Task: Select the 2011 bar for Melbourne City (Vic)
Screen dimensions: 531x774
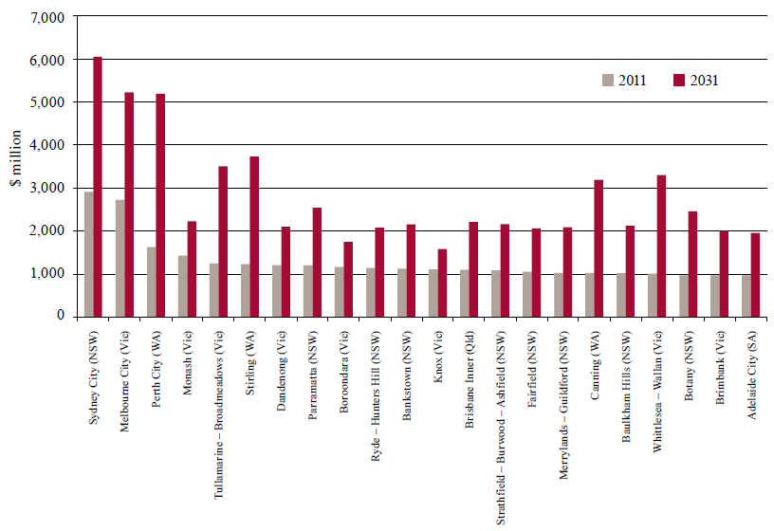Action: (x=120, y=258)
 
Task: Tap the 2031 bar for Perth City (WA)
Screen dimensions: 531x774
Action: (x=160, y=205)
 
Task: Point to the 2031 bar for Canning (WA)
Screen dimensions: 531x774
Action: (x=599, y=247)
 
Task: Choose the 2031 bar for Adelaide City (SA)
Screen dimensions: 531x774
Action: (x=755, y=274)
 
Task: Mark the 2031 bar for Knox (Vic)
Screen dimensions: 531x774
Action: (x=442, y=283)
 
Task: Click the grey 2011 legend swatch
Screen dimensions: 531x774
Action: (x=608, y=81)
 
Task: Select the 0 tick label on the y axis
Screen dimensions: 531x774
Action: (x=59, y=317)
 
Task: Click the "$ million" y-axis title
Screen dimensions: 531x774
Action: (x=16, y=167)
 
